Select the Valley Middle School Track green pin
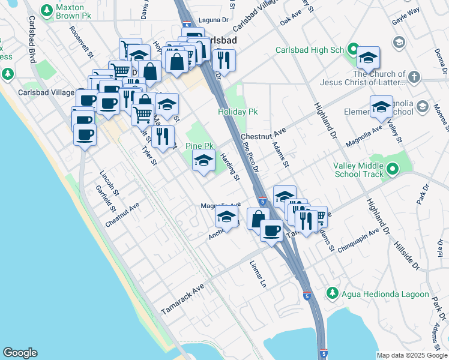pos(393,170)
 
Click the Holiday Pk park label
pos(237,112)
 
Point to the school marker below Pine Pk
pos(204,161)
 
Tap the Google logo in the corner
pos(20,353)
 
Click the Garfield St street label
pos(105,199)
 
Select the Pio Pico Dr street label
pos(250,157)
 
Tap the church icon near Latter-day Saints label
pos(414,77)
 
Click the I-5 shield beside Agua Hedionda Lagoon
pos(307,296)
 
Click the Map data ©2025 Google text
pos(412,355)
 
